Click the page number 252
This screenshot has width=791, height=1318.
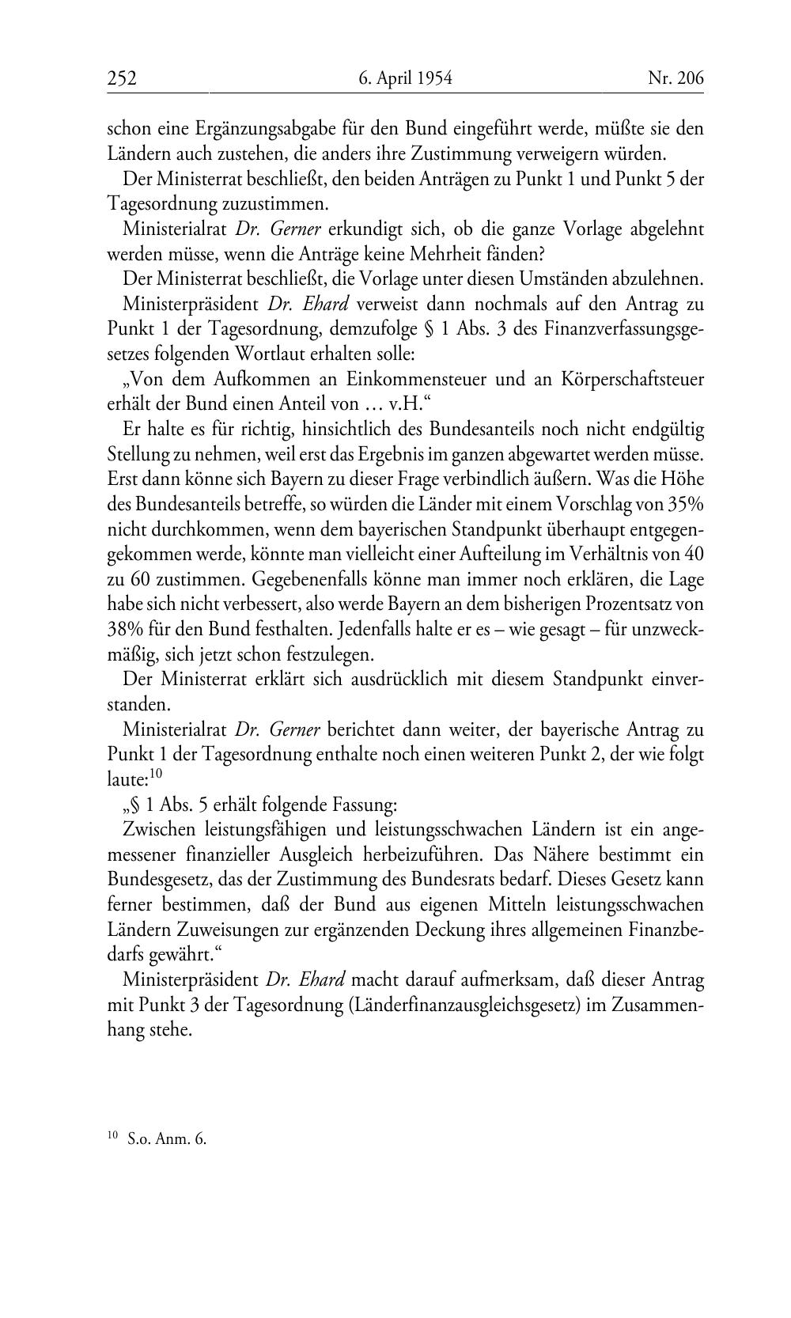(x=123, y=78)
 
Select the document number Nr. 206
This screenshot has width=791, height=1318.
(x=676, y=78)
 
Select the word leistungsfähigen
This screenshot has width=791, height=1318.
(x=263, y=830)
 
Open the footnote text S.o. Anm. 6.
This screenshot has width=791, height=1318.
(x=166, y=1139)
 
